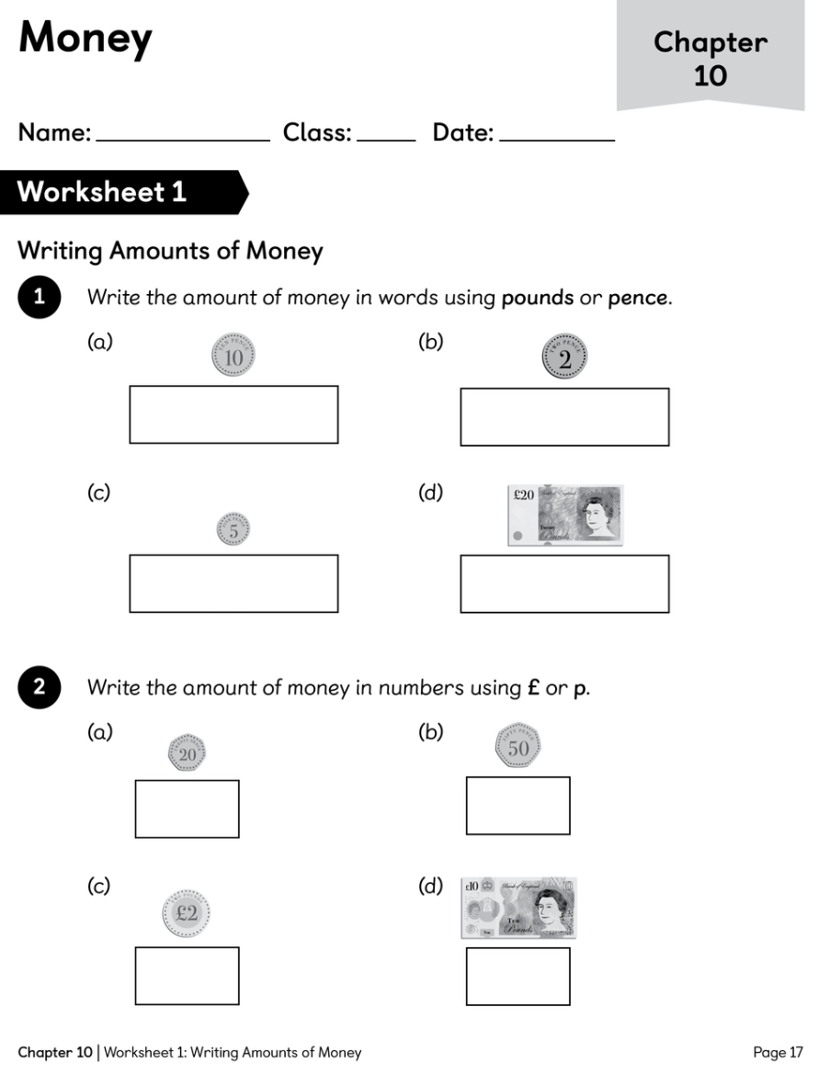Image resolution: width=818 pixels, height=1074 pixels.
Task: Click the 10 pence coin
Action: point(233,356)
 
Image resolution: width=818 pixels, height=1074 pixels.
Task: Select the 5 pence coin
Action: point(233,530)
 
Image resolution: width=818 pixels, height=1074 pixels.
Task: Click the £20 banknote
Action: point(565,515)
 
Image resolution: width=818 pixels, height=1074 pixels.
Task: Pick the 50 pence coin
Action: point(518,748)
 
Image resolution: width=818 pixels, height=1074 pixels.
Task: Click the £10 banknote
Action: point(519,907)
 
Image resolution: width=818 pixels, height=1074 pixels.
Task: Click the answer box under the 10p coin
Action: point(233,414)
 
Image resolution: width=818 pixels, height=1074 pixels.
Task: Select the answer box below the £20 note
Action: point(564,583)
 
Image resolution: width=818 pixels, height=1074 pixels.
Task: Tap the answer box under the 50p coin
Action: point(517,806)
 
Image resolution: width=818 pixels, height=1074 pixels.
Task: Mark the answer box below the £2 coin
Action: point(187,976)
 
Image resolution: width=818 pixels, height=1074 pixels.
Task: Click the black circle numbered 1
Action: point(40,298)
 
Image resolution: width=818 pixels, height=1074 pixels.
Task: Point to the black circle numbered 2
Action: point(40,688)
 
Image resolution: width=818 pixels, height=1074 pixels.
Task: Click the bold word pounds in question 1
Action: point(537,299)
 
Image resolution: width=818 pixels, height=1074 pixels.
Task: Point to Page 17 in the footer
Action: point(778,1053)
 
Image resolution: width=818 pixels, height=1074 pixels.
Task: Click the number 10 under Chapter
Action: point(710,75)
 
